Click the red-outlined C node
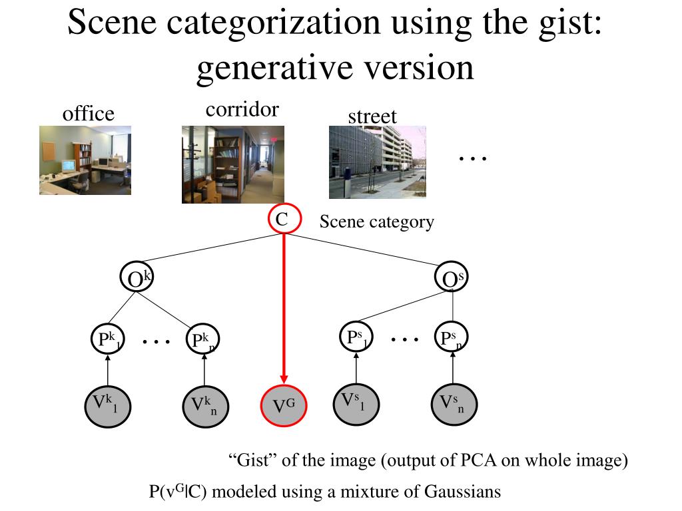285,219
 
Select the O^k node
137,279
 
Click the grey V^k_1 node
107,404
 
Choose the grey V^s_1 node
356,403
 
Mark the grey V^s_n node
453,404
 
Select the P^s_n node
452,339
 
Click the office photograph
85,160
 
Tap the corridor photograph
233,164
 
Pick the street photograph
378,162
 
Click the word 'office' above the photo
89,114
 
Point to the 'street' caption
372,116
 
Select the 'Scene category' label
376,222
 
